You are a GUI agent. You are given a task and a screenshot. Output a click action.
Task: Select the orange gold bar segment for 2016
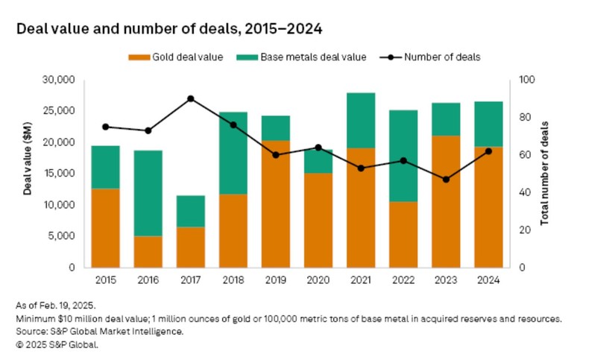tap(148, 251)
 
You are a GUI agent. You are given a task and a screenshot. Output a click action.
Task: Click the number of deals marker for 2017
tap(191, 98)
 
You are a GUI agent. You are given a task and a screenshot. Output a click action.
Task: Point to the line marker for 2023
tap(446, 180)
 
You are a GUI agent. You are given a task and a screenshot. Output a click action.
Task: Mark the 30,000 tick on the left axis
tap(60, 80)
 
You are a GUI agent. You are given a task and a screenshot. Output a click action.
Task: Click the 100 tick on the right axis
tap(521, 80)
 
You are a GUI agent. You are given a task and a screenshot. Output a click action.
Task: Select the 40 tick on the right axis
tap(519, 192)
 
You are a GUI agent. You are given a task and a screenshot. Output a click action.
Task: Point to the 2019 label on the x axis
tap(276, 280)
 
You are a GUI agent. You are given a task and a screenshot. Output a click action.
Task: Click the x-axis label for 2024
tap(488, 280)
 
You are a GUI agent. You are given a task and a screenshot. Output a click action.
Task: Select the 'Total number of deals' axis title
tap(547, 173)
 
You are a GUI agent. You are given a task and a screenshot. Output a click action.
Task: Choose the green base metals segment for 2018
tap(233, 153)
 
